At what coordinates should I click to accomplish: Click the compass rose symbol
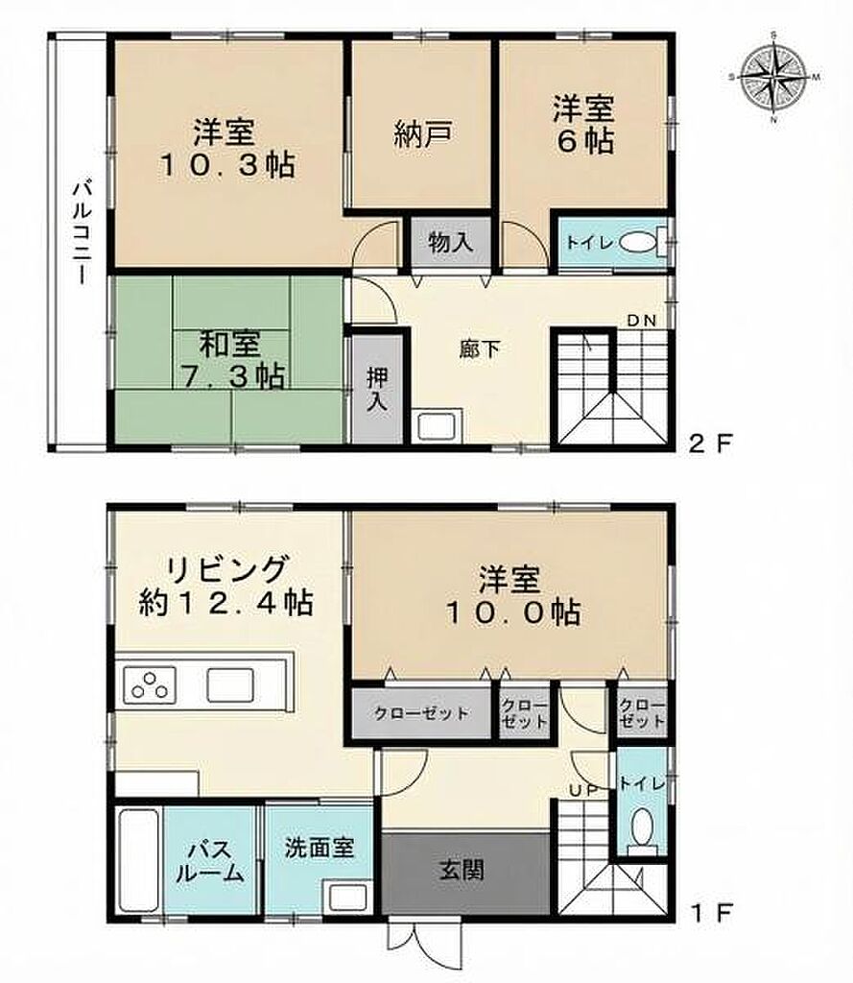click(774, 77)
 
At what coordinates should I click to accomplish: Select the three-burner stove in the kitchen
click(150, 684)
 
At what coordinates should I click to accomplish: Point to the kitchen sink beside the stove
click(230, 684)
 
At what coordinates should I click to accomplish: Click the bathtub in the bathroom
click(138, 860)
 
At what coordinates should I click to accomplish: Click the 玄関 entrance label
click(462, 871)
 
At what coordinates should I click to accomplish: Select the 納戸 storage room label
click(424, 134)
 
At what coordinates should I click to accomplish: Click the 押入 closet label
click(377, 389)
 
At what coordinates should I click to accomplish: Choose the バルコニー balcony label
click(82, 232)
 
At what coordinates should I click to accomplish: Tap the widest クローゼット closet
click(421, 713)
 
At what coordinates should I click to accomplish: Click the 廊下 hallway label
click(480, 349)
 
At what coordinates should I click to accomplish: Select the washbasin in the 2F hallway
click(437, 426)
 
